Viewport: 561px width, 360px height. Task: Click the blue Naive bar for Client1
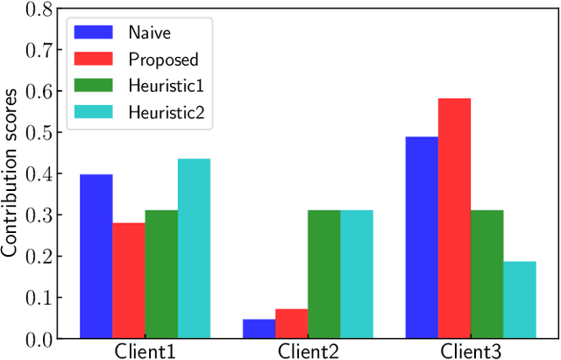pyautogui.click(x=96, y=256)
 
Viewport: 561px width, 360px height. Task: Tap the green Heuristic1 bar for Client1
pyautogui.click(x=161, y=274)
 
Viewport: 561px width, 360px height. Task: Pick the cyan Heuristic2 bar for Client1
pyautogui.click(x=194, y=248)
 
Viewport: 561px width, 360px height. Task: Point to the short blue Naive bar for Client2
pyautogui.click(x=259, y=328)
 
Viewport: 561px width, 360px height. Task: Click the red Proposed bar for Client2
pyautogui.click(x=291, y=323)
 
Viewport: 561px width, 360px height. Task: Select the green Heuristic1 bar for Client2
pyautogui.click(x=323, y=274)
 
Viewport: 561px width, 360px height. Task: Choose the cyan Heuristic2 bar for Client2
pyautogui.click(x=357, y=274)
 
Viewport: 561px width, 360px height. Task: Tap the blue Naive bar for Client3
pyautogui.click(x=422, y=236)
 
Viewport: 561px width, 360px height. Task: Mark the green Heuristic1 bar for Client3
pyautogui.click(x=486, y=274)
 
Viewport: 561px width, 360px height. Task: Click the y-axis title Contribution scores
pyautogui.click(x=10, y=172)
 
